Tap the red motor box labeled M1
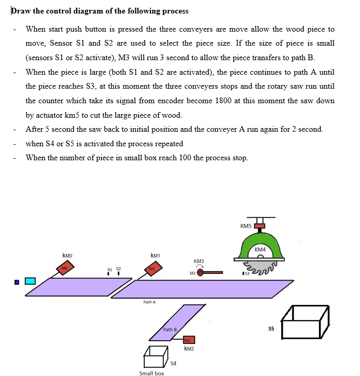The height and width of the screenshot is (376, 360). pyautogui.click(x=153, y=268)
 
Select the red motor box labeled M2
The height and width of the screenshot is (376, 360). pyautogui.click(x=188, y=340)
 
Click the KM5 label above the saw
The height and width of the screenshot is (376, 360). pyautogui.click(x=246, y=226)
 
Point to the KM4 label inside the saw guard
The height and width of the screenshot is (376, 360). pyautogui.click(x=260, y=250)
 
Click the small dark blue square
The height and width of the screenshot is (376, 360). pyautogui.click(x=17, y=282)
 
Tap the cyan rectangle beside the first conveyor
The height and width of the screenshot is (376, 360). pyautogui.click(x=30, y=281)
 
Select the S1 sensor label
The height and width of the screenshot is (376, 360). pyautogui.click(x=109, y=269)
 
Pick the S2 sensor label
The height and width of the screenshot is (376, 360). pyautogui.click(x=118, y=269)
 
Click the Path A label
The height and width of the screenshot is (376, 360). pyautogui.click(x=149, y=301)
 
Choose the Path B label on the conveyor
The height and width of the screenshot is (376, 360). pyautogui.click(x=170, y=329)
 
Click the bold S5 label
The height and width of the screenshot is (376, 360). pyautogui.click(x=271, y=329)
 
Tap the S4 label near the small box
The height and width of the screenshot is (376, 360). pyautogui.click(x=173, y=363)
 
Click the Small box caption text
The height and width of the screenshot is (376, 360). pyautogui.click(x=151, y=373)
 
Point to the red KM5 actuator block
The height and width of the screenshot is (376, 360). pyautogui.click(x=259, y=226)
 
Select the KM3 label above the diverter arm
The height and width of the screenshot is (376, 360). pyautogui.click(x=199, y=261)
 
